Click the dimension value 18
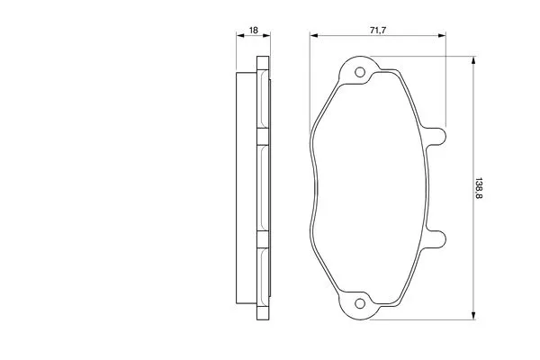[254, 31]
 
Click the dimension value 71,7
[378, 31]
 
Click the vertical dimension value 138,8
[479, 188]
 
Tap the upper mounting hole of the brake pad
[360, 72]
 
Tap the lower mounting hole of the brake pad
[360, 303]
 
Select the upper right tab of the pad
[436, 136]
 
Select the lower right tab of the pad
[436, 239]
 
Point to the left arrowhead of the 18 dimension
[240, 35]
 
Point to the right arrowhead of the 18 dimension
[266, 35]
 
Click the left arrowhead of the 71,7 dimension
[314, 35]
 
